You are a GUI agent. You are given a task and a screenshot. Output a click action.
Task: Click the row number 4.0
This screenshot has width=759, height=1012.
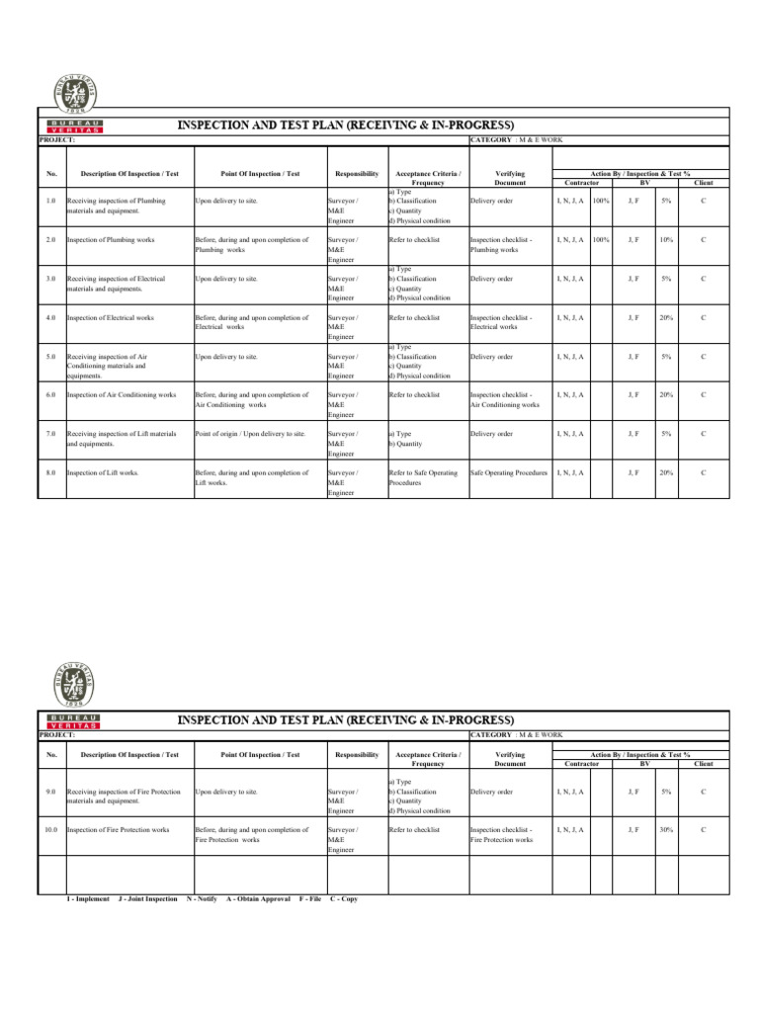pos(51,317)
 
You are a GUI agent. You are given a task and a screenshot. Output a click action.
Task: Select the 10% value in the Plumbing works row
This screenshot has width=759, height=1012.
pos(666,239)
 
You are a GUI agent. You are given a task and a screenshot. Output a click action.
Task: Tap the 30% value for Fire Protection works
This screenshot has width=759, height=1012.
pos(666,830)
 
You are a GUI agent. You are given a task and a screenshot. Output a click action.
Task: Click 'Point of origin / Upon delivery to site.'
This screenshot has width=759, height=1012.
pos(250,434)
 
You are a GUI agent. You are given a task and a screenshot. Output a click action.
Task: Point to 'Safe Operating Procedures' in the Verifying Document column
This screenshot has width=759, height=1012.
pos(509,473)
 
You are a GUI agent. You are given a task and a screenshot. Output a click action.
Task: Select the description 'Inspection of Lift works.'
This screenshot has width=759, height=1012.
pos(103,473)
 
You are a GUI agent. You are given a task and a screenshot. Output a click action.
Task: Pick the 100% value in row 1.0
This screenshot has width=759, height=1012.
pos(600,201)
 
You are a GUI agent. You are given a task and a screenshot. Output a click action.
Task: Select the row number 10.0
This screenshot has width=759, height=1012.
pos(51,830)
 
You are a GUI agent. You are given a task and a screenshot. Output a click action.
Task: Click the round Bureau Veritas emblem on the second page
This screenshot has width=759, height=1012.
pos(76,682)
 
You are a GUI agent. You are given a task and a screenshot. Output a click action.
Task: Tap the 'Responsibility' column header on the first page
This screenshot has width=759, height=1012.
pos(357,173)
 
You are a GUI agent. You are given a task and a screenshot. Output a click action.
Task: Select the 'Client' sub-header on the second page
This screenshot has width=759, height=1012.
pos(704,764)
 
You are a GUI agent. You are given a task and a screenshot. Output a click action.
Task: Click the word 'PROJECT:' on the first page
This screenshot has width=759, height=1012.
pos(57,140)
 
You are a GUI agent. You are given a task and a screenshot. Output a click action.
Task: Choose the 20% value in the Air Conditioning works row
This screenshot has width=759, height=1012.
pos(666,394)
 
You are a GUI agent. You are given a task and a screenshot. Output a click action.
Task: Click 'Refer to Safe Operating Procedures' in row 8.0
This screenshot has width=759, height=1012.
pos(423,478)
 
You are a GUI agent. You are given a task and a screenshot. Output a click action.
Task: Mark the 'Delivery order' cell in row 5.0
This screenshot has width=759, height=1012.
pos(491,356)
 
